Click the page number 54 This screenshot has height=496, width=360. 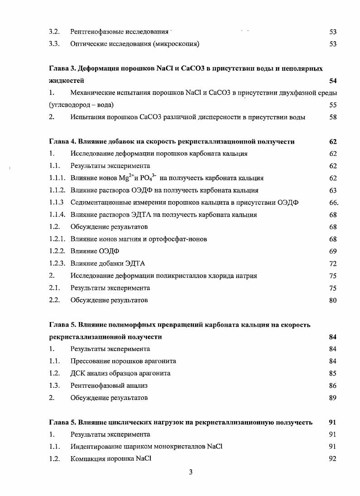[333, 81]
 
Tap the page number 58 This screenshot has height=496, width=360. [333, 117]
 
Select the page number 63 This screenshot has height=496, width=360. [333, 190]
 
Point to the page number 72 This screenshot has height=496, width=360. [333, 263]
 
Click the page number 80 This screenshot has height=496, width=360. [333, 300]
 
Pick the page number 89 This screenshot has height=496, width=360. [333, 398]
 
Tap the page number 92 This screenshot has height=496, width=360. [333, 459]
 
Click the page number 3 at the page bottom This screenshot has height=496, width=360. [191, 472]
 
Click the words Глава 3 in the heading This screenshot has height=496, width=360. [62, 68]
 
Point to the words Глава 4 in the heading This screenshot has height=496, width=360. [62, 141]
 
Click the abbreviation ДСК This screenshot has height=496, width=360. [77, 373]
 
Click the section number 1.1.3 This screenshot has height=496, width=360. [57, 202]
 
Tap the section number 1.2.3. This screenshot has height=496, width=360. [58, 263]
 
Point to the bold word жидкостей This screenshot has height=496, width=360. [65, 81]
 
